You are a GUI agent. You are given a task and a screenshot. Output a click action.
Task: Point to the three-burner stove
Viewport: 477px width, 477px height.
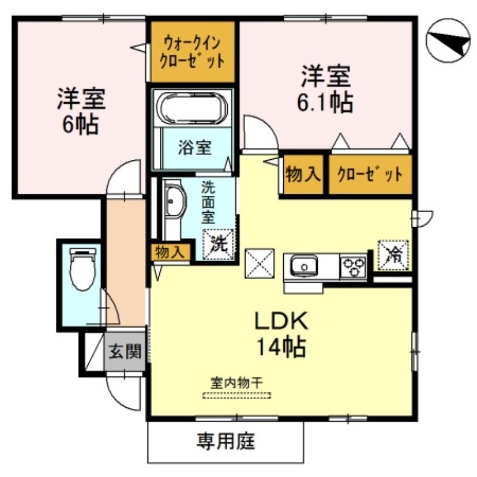click(x=354, y=266)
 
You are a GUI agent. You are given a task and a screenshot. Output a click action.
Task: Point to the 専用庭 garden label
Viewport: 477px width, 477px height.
click(x=226, y=442)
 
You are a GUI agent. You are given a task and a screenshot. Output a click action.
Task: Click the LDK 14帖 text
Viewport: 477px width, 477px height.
click(x=281, y=334)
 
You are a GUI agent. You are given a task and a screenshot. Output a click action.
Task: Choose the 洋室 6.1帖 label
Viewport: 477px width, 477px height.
click(x=325, y=89)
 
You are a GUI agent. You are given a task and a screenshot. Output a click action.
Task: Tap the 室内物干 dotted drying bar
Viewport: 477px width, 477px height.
click(x=237, y=395)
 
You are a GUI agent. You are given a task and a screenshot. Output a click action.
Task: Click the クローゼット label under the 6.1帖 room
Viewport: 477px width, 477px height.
click(x=370, y=175)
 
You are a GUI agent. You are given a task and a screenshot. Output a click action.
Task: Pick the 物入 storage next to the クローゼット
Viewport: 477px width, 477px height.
click(x=303, y=175)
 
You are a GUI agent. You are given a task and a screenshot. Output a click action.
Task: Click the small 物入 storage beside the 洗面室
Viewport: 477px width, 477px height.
click(x=169, y=252)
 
